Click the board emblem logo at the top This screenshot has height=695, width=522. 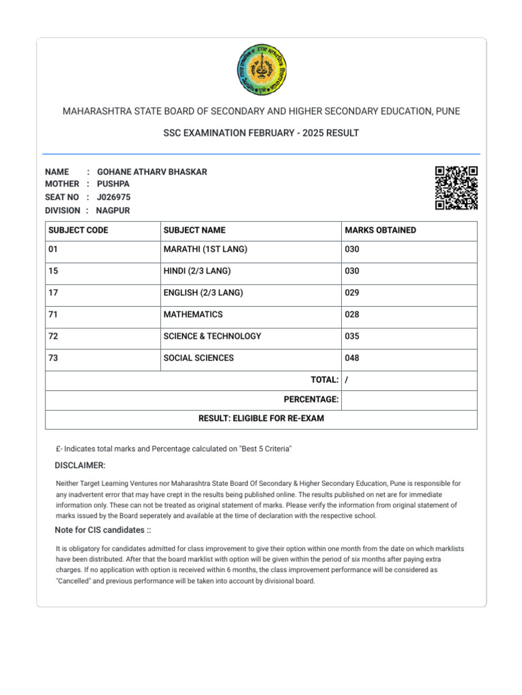[x=261, y=70]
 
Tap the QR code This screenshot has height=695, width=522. [x=456, y=187]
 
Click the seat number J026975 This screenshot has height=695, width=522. [x=114, y=198]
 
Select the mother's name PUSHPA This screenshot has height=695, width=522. [x=112, y=185]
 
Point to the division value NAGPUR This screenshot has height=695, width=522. [x=113, y=210]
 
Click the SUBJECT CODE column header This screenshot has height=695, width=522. [x=78, y=231]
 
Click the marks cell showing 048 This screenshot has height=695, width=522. [x=352, y=358]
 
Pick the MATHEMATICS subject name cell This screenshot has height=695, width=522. [x=193, y=315]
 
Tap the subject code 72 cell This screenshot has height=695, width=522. [x=54, y=337]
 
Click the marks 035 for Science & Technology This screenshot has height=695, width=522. [x=352, y=337]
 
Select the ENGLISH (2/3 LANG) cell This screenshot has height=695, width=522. [x=203, y=293]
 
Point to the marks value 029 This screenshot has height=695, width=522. [x=352, y=293]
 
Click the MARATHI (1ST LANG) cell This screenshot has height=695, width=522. [x=205, y=250]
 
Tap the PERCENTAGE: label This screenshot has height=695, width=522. [x=311, y=400]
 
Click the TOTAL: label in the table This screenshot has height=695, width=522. [x=324, y=380]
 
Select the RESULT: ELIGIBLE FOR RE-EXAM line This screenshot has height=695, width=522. [x=261, y=419]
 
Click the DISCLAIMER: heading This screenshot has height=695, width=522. [x=80, y=466]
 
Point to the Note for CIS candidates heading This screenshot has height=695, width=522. [x=103, y=530]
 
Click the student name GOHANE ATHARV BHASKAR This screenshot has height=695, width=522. [x=152, y=172]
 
